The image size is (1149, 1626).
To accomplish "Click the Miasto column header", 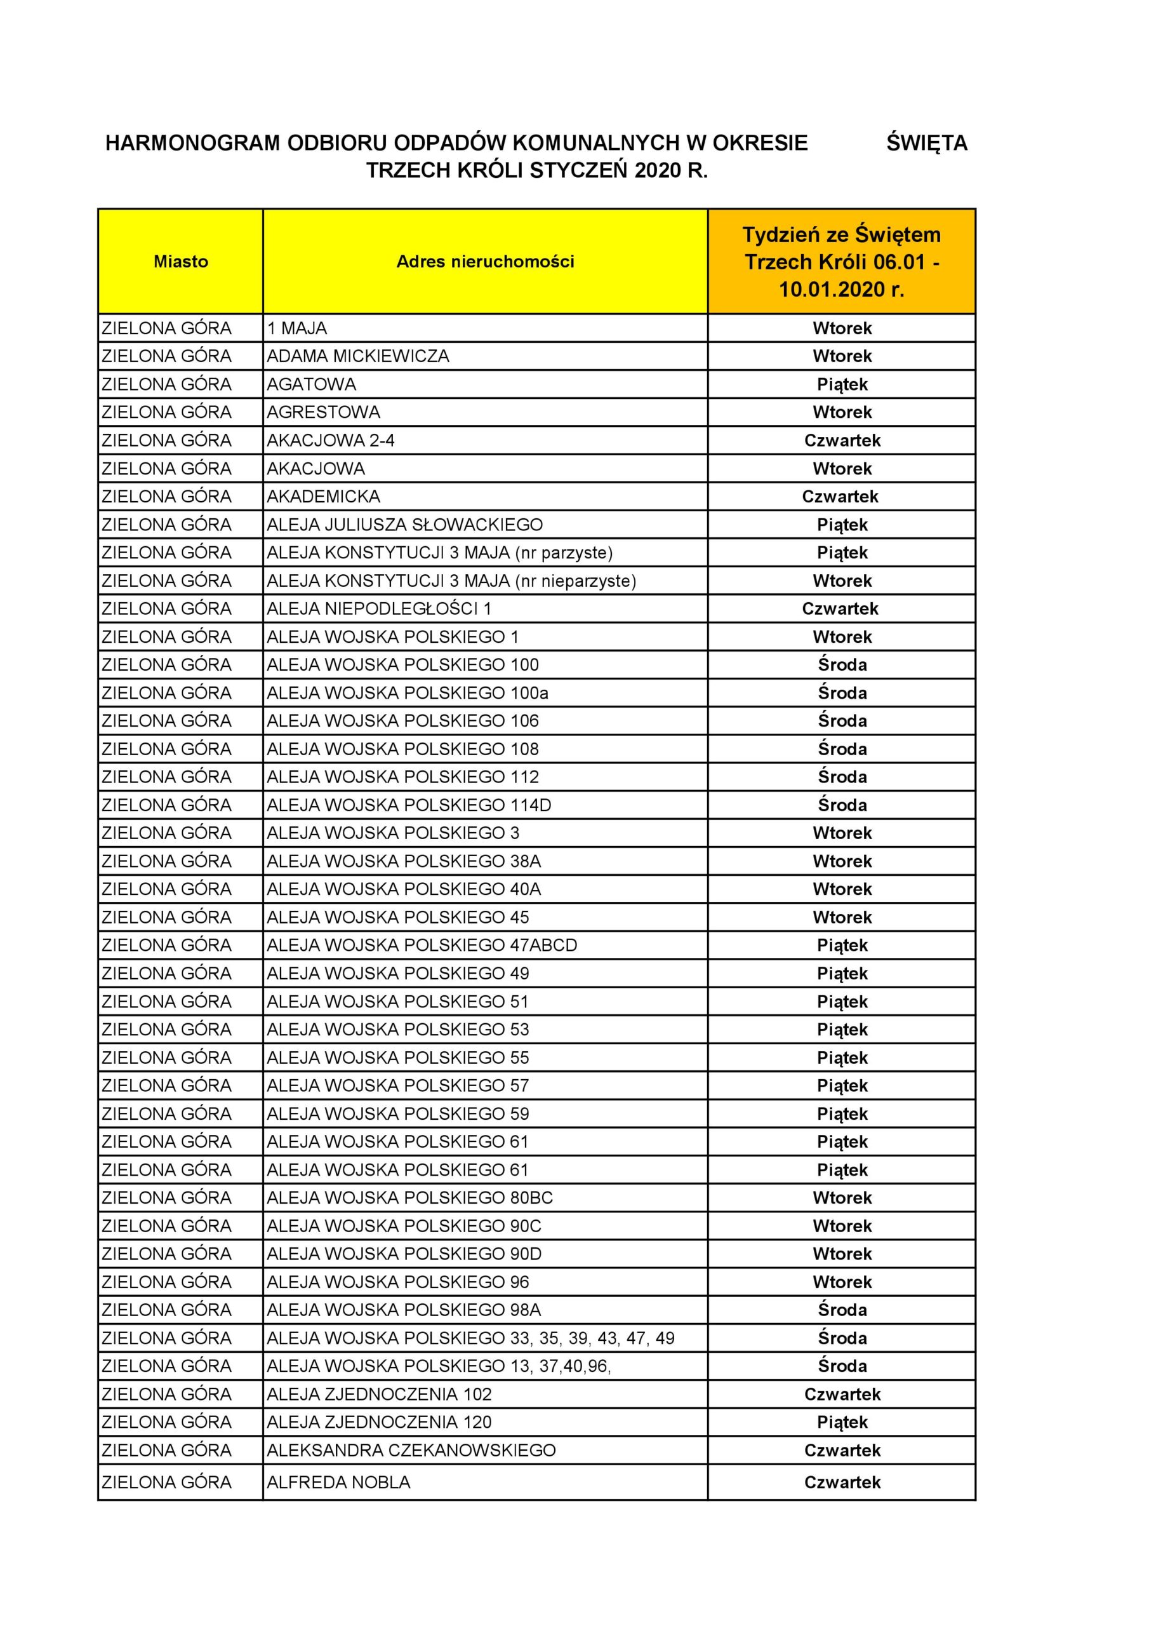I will (180, 261).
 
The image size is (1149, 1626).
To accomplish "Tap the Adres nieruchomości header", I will (485, 261).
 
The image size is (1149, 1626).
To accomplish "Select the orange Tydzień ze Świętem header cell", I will (841, 261).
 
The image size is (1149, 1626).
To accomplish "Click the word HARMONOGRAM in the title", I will (192, 143).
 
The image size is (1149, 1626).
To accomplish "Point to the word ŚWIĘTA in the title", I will (926, 143).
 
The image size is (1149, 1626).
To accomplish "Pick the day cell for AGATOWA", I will (842, 384).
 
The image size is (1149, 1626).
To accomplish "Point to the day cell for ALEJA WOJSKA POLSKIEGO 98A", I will (842, 1310).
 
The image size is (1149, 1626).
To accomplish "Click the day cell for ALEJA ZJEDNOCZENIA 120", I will (842, 1422).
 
